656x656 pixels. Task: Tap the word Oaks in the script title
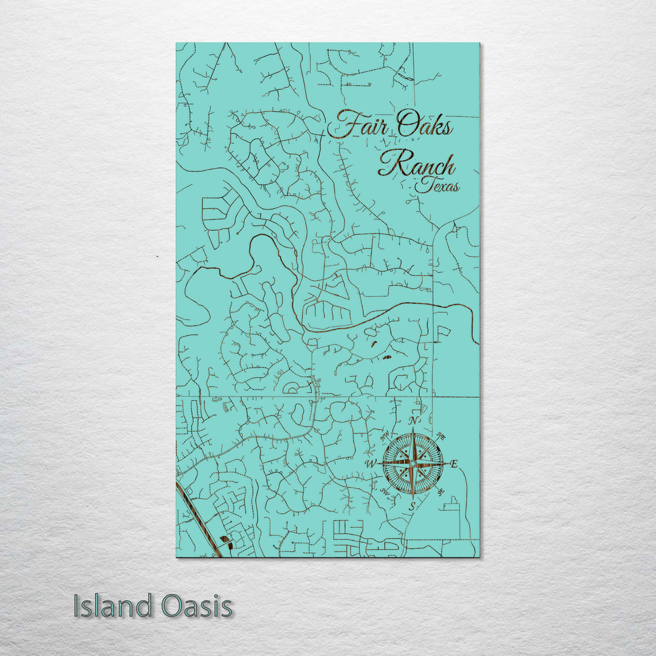pyautogui.click(x=425, y=126)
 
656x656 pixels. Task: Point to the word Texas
pyautogui.click(x=438, y=186)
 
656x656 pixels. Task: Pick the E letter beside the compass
pyautogui.click(x=454, y=465)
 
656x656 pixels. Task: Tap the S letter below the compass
pyautogui.click(x=412, y=505)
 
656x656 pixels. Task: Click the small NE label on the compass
pyautogui.click(x=441, y=437)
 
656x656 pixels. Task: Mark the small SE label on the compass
pyautogui.click(x=440, y=491)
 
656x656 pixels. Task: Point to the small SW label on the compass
pyautogui.click(x=384, y=491)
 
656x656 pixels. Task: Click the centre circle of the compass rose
pyautogui.click(x=413, y=463)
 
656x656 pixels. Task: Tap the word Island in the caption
pyautogui.click(x=113, y=606)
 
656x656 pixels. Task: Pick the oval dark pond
pyautogui.click(x=386, y=357)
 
